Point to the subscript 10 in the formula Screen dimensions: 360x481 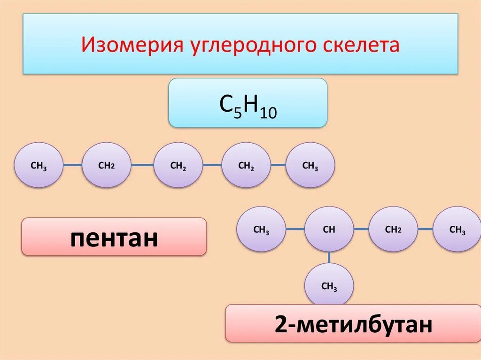[266, 112]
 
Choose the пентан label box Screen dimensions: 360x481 [114, 237]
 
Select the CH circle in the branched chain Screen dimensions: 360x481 [329, 230]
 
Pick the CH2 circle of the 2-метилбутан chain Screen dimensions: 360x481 [393, 230]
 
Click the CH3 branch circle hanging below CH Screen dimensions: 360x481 [329, 286]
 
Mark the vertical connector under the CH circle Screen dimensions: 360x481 [329, 258]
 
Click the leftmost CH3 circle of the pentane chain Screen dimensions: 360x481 [39, 166]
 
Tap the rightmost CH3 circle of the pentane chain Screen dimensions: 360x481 [310, 166]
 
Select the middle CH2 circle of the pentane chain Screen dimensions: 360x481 [178, 166]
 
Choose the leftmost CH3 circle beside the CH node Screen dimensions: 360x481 [261, 230]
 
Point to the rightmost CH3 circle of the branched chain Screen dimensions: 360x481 [457, 230]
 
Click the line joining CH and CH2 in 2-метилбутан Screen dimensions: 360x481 [361, 229]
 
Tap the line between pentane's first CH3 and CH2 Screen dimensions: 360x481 [72, 165]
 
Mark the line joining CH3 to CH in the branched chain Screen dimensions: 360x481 [295, 229]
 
